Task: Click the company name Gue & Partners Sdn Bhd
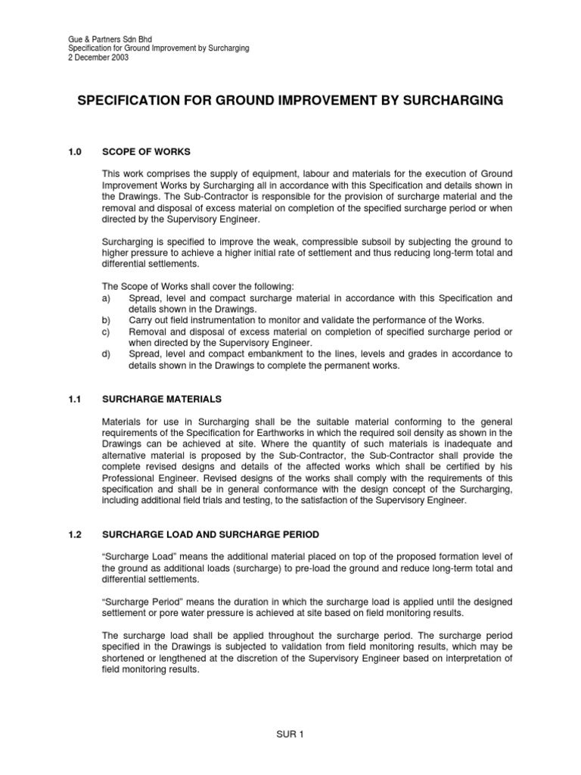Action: point(98,39)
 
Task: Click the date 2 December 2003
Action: point(89,58)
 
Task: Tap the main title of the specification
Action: point(290,101)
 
